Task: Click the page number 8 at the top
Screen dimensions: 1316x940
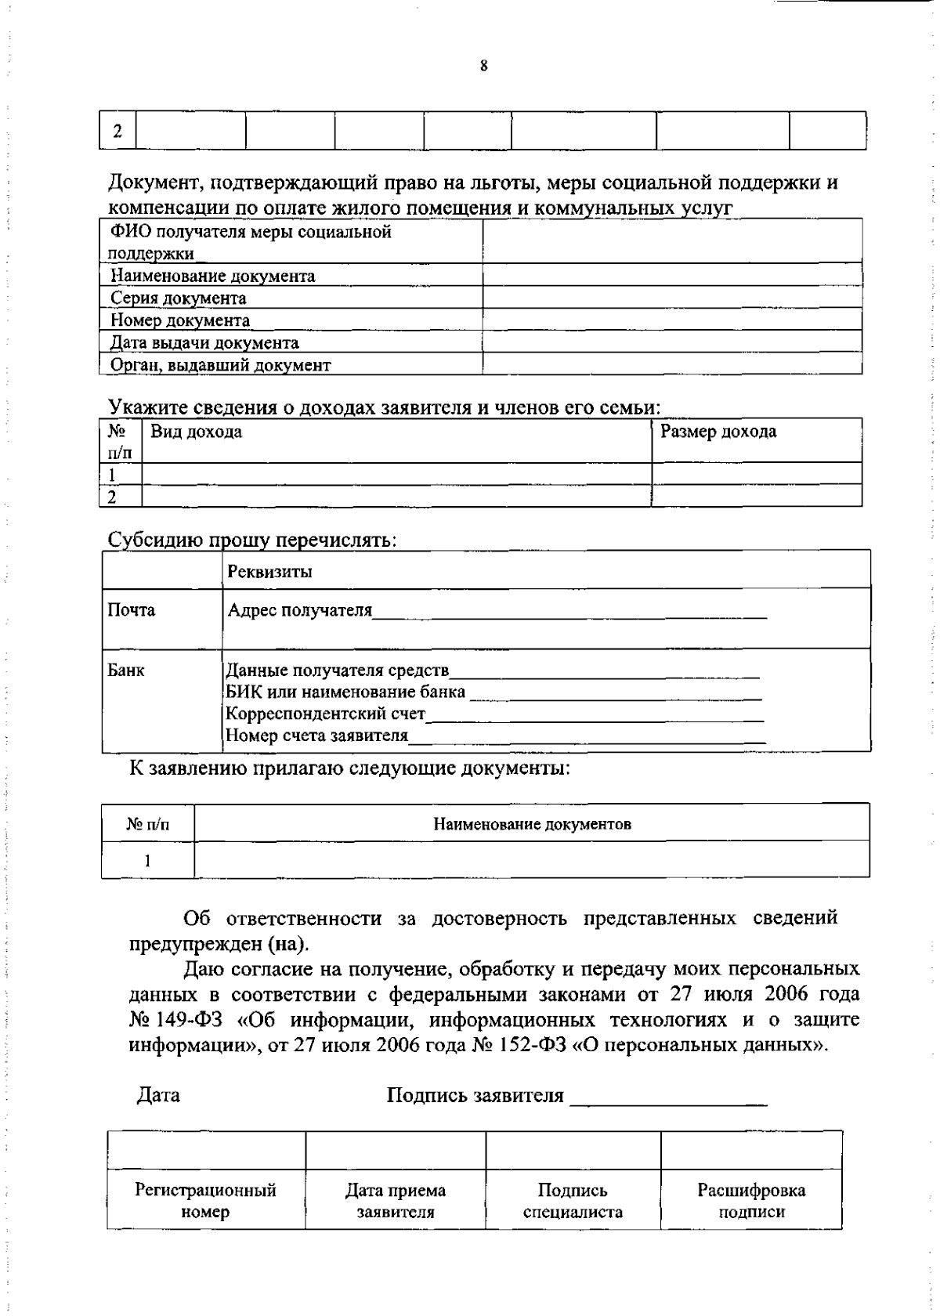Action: [483, 67]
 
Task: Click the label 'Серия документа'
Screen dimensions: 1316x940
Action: [178, 298]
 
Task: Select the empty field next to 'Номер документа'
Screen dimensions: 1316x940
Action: [672, 319]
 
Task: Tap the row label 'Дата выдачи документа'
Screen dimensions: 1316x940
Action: [204, 343]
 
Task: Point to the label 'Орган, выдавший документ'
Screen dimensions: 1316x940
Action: [220, 365]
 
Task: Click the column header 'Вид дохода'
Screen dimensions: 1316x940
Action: [196, 432]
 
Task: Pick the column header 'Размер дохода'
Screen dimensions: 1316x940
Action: [718, 432]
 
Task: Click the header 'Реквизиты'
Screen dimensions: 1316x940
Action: [269, 572]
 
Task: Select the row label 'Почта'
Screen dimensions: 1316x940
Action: [131, 610]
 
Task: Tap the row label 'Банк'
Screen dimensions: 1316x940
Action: [125, 671]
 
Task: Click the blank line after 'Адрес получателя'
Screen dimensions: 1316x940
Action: [569, 614]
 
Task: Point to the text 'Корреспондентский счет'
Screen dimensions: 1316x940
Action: [325, 714]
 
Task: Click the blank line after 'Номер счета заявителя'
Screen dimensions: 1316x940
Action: [587, 738]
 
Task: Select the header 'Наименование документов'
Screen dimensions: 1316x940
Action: [532, 824]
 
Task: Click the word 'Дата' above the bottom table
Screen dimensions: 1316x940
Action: [158, 1095]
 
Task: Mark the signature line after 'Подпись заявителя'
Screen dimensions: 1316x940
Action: [668, 1100]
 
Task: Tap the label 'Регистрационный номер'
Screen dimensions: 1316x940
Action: [205, 1201]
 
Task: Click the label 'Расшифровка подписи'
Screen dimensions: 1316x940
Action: [751, 1201]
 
